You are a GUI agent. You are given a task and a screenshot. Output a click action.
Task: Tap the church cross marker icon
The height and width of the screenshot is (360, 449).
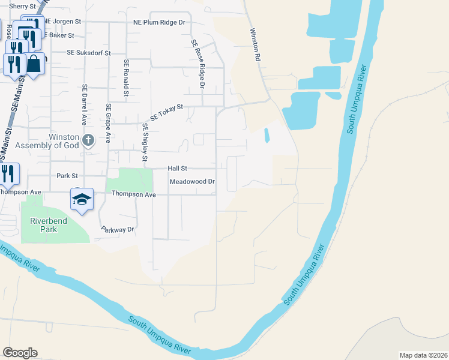coord(88,141)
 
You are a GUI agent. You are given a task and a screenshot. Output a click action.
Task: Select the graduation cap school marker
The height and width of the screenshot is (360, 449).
coord(82,199)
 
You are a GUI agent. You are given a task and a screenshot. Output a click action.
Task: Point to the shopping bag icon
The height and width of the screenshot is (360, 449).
coord(35,63)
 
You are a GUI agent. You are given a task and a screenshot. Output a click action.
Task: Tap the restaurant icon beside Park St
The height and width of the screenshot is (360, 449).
coord(9,173)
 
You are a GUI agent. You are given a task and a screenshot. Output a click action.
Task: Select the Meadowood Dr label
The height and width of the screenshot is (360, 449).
coord(192,181)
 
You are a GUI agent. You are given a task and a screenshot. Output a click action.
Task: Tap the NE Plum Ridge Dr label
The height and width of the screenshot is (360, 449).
coord(159,22)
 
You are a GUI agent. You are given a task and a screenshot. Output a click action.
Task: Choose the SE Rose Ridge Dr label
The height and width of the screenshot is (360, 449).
coord(198,65)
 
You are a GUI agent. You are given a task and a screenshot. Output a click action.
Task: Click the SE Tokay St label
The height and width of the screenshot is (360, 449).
coord(166,112)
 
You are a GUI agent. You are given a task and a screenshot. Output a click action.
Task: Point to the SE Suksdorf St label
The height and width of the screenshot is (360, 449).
coord(89,53)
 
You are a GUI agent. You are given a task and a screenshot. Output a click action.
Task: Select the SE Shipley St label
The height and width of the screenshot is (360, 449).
coord(145,143)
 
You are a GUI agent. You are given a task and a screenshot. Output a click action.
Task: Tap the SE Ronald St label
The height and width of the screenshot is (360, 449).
coord(126,77)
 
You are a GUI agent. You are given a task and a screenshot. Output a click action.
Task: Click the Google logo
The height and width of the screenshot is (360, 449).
coord(20,353)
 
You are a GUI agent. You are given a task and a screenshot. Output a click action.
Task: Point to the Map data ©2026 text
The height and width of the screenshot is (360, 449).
coord(423,355)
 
